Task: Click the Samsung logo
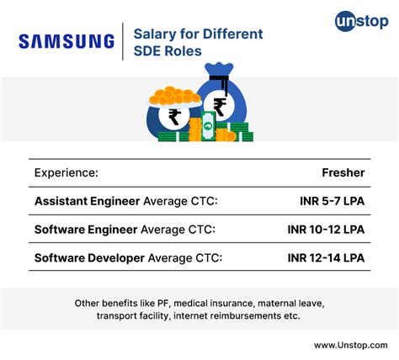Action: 66,41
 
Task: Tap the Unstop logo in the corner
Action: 362,21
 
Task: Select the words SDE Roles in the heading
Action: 168,51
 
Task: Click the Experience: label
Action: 66,172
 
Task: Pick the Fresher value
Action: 343,172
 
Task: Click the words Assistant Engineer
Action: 87,201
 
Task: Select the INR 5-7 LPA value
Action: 332,201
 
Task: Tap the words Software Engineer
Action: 86,230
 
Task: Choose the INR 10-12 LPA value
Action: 326,230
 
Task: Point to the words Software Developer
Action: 89,258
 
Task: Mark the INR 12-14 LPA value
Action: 326,258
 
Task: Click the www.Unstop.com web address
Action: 351,345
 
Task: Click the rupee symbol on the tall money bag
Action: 220,107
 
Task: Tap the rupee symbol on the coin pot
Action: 174,117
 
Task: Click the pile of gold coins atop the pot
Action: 174,96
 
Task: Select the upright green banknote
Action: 208,126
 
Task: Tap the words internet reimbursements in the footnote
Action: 227,316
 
